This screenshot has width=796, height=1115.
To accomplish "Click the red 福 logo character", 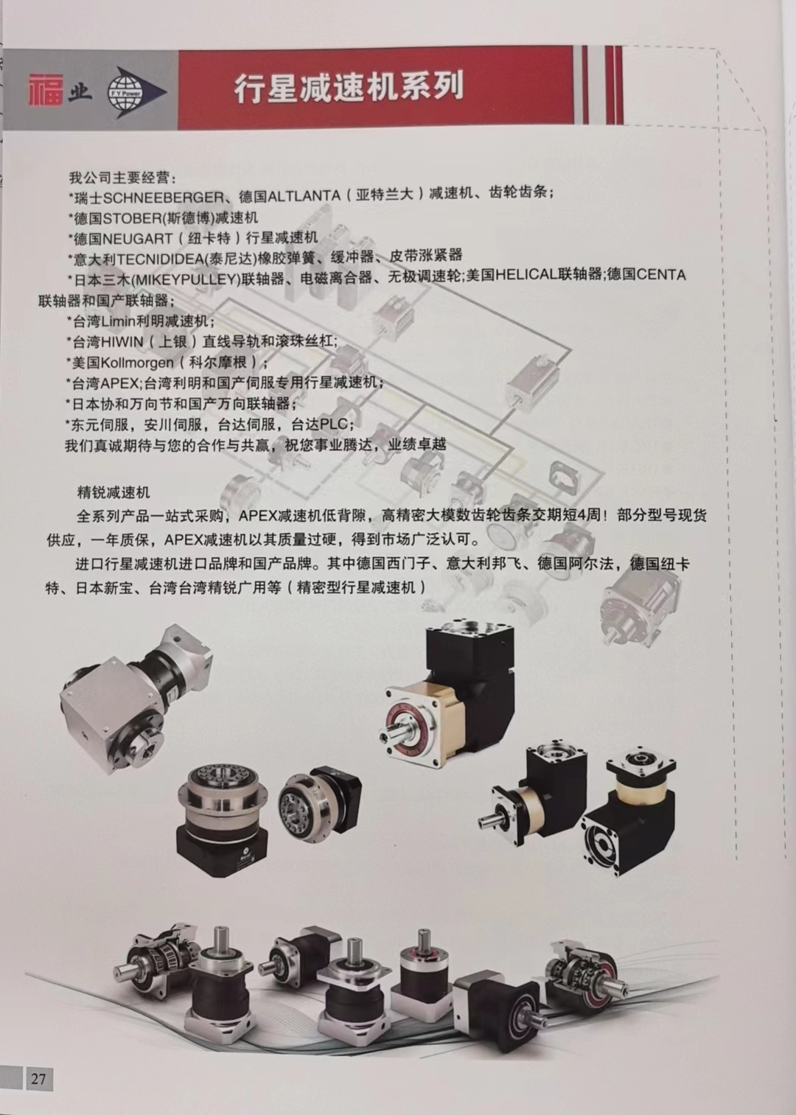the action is tap(46, 89).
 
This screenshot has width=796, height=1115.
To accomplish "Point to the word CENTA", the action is tap(661, 274).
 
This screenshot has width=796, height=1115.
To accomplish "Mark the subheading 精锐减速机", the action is tap(114, 493).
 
